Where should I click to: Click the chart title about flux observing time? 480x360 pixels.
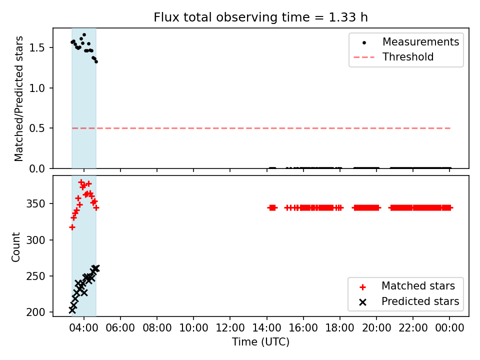[260, 17]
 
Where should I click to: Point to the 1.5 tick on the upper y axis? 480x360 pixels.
[37, 48]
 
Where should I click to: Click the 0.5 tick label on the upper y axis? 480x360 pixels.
[37, 128]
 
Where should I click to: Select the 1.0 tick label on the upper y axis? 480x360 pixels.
[37, 88]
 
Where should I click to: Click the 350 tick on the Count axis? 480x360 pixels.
[35, 204]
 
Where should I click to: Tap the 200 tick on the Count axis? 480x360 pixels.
[35, 312]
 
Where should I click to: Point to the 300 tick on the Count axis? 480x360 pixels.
[35, 240]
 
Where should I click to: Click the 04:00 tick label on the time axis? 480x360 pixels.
[84, 328]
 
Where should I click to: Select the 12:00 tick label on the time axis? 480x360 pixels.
[230, 328]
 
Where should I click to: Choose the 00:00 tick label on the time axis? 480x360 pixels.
[449, 328]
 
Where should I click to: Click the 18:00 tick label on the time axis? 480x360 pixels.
[340, 328]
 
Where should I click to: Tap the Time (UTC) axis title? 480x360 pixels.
[260, 342]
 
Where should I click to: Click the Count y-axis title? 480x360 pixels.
[15, 246]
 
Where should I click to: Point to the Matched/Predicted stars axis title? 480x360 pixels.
[18, 98]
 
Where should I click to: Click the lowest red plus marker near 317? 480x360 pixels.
[72, 227]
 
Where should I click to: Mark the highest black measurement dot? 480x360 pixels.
[84, 35]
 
